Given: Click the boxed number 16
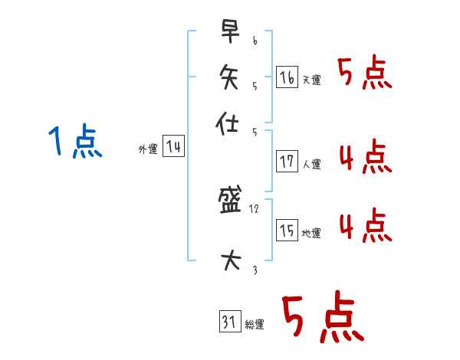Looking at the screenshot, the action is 286,77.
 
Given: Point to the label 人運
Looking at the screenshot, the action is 312,164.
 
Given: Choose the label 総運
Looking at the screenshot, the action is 255,325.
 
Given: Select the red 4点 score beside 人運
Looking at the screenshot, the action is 365,159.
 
